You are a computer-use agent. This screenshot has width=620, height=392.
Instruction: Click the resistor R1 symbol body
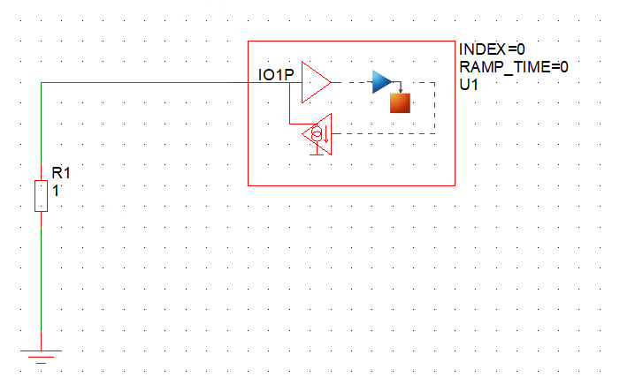[41, 195]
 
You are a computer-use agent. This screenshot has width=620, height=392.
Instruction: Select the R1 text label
[61, 173]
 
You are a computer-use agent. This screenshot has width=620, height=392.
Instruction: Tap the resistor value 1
[56, 189]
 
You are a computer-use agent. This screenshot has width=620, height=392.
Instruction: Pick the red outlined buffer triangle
[315, 82]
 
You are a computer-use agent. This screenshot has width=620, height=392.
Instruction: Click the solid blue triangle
[381, 82]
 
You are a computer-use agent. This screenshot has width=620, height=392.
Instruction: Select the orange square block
[401, 102]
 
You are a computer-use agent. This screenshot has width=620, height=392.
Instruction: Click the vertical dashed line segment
[435, 108]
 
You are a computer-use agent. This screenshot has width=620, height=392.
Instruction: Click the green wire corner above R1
[42, 83]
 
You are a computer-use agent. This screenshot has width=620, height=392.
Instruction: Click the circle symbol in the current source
[315, 134]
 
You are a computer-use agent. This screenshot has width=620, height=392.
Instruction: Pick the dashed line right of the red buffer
[351, 82]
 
